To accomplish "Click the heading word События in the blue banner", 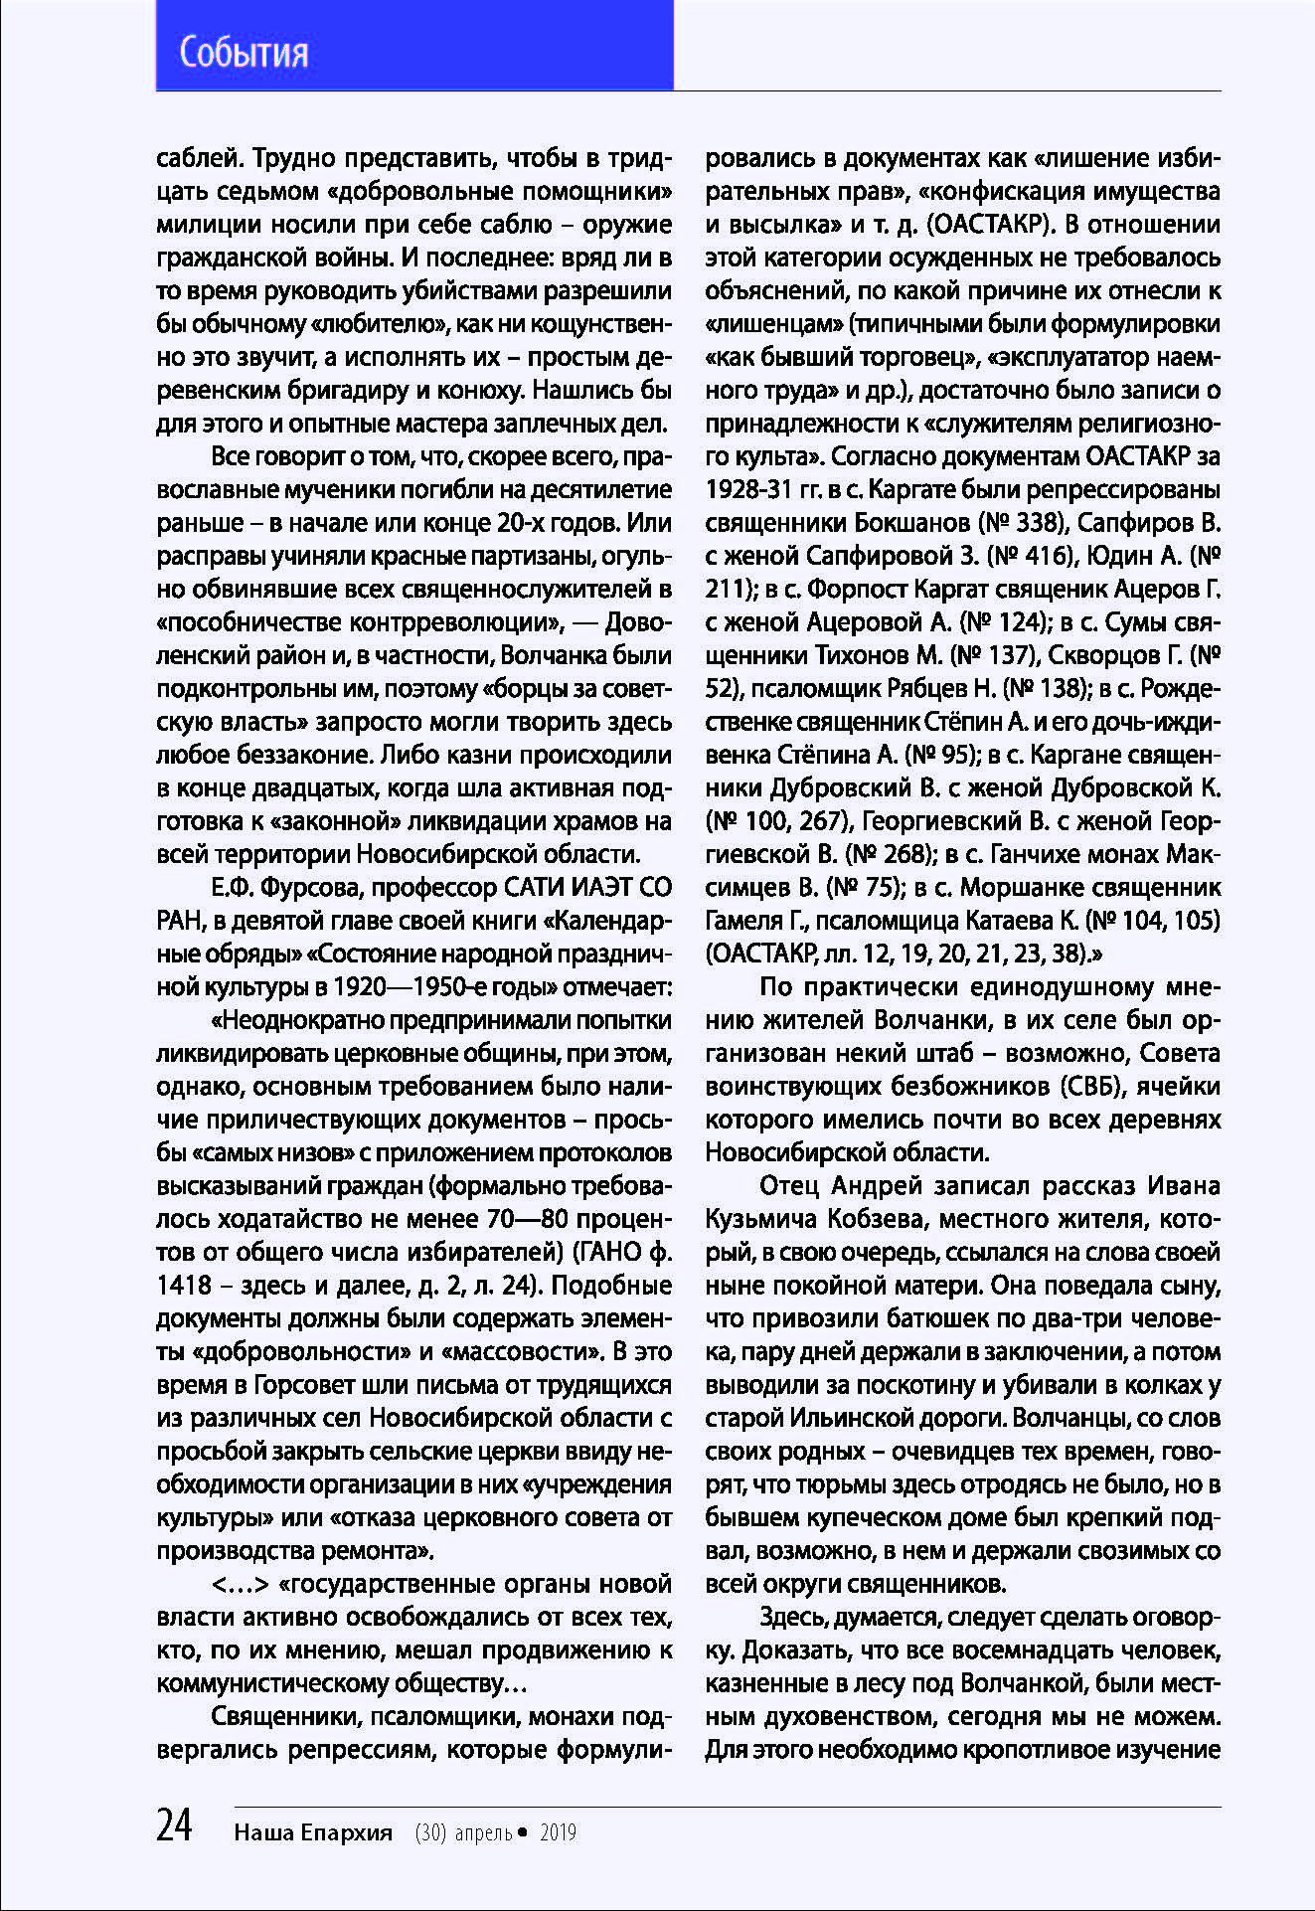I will (x=244, y=52).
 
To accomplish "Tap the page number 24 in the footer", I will (x=174, y=1825).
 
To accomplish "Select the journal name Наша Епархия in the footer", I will (x=313, y=1832).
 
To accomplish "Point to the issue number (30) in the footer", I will (x=430, y=1832).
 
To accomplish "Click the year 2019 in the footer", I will (x=558, y=1832).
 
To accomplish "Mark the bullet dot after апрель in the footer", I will (x=523, y=1832).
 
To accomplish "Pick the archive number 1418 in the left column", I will (x=185, y=1285).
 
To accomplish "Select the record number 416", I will (x=1036, y=555).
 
